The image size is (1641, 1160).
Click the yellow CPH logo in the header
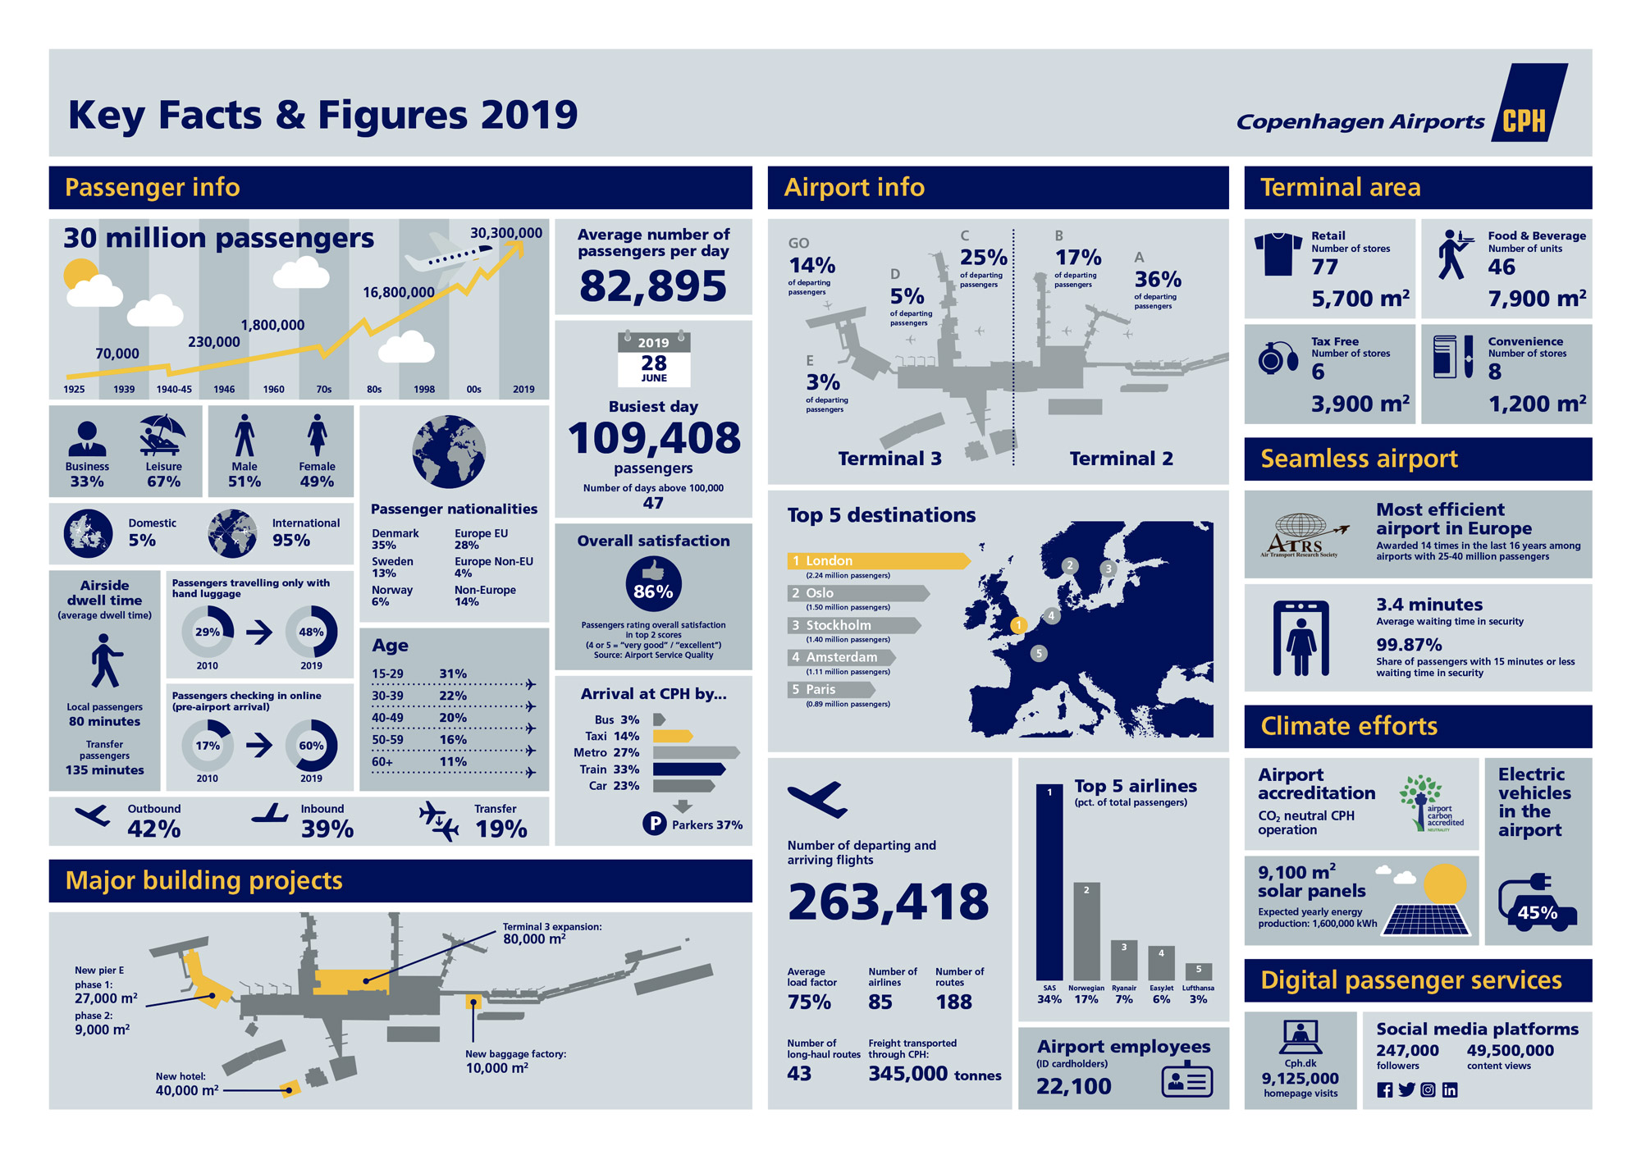point(1524,121)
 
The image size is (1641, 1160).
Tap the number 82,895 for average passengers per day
point(653,285)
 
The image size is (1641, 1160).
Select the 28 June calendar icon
point(654,359)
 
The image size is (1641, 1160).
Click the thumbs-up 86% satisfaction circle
point(653,584)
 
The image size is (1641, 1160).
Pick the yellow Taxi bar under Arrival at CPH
point(672,736)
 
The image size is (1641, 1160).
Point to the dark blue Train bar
point(688,769)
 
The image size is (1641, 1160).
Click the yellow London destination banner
point(877,561)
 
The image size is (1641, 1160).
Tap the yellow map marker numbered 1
point(1018,625)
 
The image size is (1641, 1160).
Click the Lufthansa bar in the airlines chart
point(1198,971)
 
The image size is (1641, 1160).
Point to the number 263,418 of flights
point(888,902)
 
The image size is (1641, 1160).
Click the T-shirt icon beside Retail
point(1278,253)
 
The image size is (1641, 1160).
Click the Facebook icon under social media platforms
point(1384,1090)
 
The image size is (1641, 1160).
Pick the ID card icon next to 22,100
point(1186,1081)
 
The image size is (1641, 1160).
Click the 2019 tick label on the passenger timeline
point(523,390)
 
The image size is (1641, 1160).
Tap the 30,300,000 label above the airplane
point(505,233)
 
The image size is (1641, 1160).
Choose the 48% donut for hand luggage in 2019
point(311,632)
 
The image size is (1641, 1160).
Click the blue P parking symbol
point(654,824)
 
